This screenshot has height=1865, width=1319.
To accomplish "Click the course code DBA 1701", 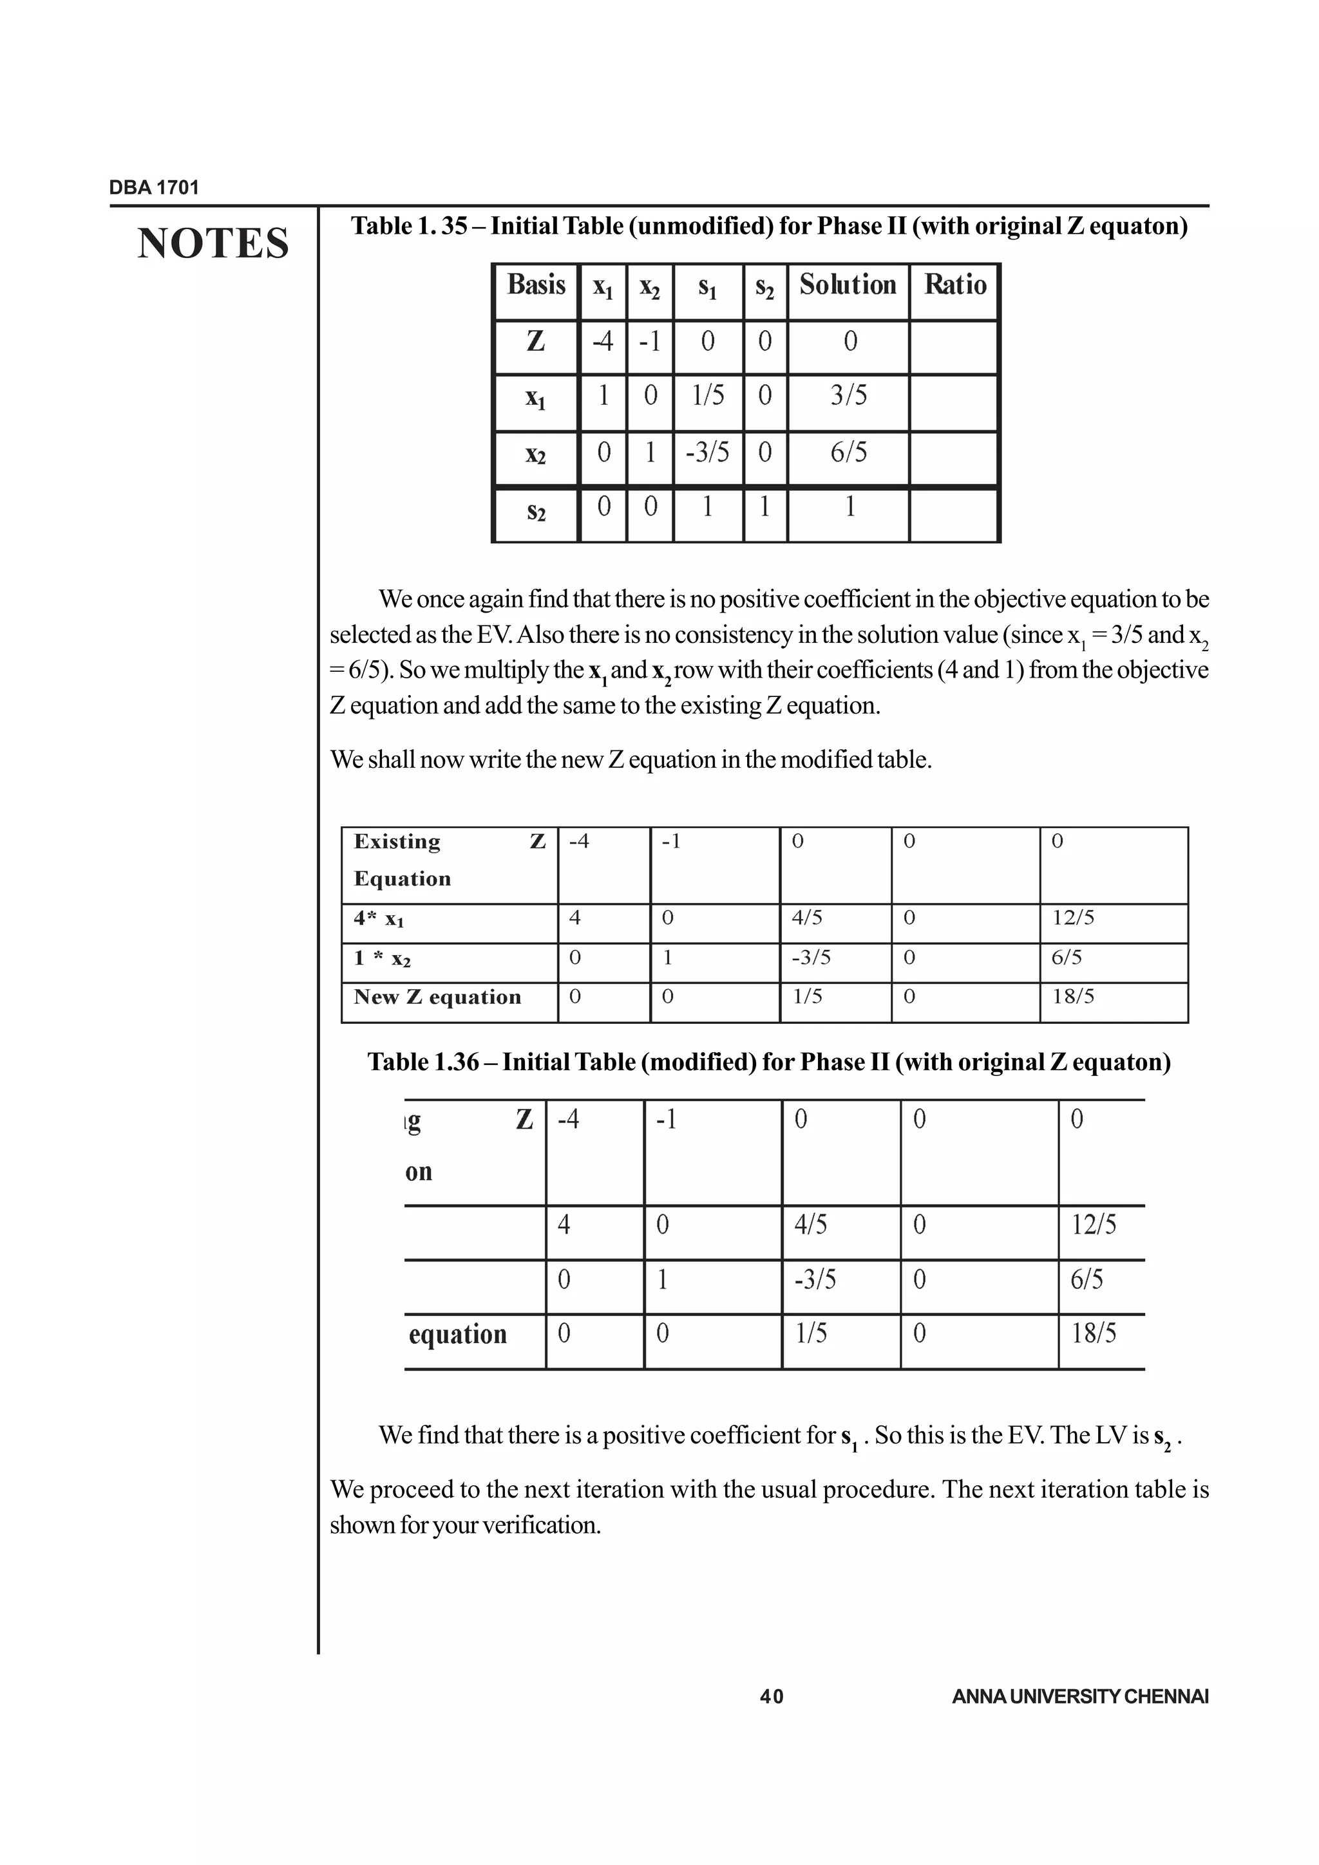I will (x=153, y=188).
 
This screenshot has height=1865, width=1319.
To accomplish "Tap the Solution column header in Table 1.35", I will (x=847, y=285).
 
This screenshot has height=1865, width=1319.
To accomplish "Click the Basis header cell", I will (x=536, y=285).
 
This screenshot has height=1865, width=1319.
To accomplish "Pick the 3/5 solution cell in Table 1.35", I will (x=848, y=396).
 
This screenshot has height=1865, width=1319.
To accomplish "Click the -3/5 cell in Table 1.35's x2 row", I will (x=707, y=452).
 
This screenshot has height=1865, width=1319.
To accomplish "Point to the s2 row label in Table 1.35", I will (x=536, y=512).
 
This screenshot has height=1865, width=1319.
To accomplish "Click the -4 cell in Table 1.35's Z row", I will (x=602, y=341).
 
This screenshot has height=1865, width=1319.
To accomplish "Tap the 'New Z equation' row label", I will (x=437, y=997).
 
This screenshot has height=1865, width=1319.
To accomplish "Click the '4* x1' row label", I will (x=379, y=919).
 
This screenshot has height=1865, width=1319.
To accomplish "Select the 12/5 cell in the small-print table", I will (x=1073, y=918).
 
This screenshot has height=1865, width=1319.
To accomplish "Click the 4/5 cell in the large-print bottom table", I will (x=810, y=1224).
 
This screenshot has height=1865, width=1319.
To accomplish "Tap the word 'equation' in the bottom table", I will (x=457, y=1335).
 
